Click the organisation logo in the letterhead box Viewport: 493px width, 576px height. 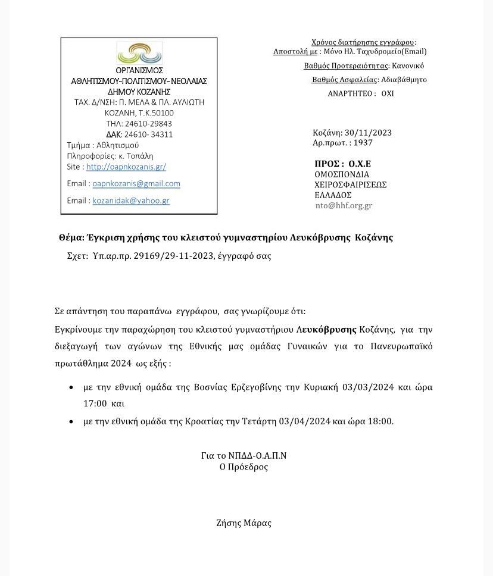(x=139, y=53)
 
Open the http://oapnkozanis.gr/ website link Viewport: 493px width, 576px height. (x=126, y=167)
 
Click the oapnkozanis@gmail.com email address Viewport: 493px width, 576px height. (x=136, y=184)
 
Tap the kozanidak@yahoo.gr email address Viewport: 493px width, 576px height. (x=131, y=201)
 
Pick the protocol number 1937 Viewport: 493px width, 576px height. (x=363, y=143)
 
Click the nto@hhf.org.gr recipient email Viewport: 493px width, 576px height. (x=344, y=206)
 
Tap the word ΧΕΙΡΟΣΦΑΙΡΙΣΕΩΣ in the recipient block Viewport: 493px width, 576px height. (x=351, y=185)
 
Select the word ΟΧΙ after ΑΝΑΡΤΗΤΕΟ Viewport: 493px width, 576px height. (x=388, y=94)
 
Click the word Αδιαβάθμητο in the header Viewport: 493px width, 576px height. (x=403, y=80)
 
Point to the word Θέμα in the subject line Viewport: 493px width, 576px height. (x=71, y=238)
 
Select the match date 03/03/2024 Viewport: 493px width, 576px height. (x=368, y=387)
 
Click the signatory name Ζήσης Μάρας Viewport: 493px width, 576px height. (x=244, y=524)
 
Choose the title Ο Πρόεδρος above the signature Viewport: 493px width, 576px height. (x=244, y=467)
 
